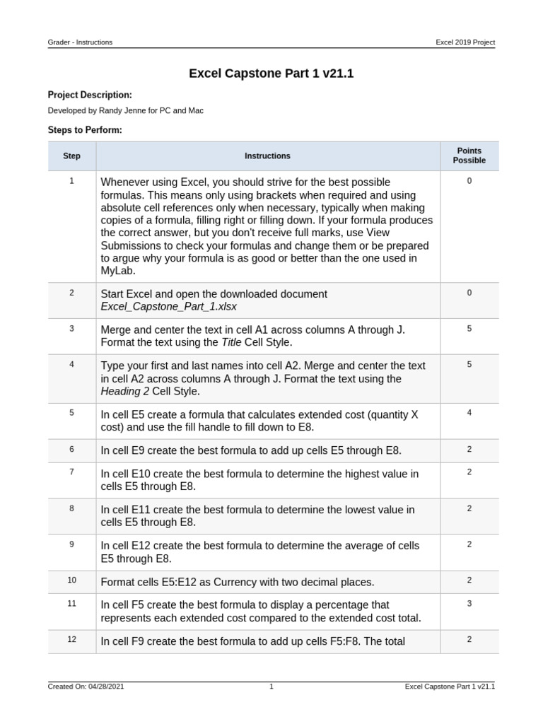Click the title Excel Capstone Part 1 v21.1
click(x=271, y=74)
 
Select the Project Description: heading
click(x=90, y=95)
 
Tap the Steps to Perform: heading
click(x=85, y=130)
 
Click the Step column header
click(x=71, y=156)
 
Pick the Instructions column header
click(x=267, y=156)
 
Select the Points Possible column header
click(x=469, y=156)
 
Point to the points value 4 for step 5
click(x=469, y=412)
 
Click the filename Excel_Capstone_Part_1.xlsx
click(x=168, y=307)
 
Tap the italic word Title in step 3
click(x=231, y=342)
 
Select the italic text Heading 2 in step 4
click(x=124, y=391)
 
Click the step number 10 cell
click(x=71, y=580)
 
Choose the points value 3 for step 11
click(x=469, y=604)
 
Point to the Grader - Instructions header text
click(x=80, y=42)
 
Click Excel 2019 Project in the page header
click(x=465, y=42)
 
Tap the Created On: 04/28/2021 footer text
click(x=86, y=687)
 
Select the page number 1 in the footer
click(x=271, y=687)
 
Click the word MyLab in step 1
click(x=117, y=271)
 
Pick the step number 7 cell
click(x=71, y=472)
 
